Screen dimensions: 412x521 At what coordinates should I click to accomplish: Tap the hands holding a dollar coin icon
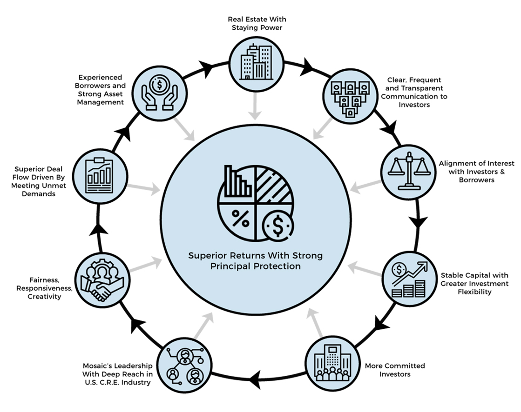click(x=159, y=93)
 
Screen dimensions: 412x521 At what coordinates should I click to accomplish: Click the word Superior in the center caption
click(x=204, y=256)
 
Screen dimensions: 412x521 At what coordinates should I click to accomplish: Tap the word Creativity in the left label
click(x=44, y=296)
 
